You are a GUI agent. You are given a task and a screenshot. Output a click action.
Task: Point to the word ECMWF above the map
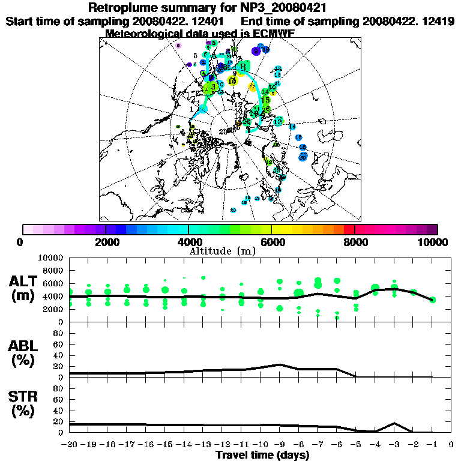coord(273,34)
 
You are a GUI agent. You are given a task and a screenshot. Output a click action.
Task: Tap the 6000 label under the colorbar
coord(271,242)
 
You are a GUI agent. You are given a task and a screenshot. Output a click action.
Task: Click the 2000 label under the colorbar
coord(105,242)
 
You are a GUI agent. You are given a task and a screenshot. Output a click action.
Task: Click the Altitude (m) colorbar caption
coord(223,251)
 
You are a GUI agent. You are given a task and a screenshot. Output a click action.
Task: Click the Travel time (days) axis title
coord(262,455)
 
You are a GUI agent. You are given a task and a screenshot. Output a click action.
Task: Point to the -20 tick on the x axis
coord(70,445)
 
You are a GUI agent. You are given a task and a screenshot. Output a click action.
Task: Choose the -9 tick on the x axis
coord(279,445)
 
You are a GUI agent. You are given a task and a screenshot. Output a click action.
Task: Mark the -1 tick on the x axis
coord(432,445)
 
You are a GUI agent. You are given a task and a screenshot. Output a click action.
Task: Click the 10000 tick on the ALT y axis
coord(52,258)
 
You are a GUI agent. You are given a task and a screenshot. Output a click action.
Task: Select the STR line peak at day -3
coord(394,423)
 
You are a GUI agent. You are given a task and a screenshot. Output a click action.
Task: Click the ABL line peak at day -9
coord(280,364)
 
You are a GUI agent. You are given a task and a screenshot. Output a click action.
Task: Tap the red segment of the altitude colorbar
coord(350,229)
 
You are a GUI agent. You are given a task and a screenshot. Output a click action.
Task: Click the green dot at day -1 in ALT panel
coord(432,300)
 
